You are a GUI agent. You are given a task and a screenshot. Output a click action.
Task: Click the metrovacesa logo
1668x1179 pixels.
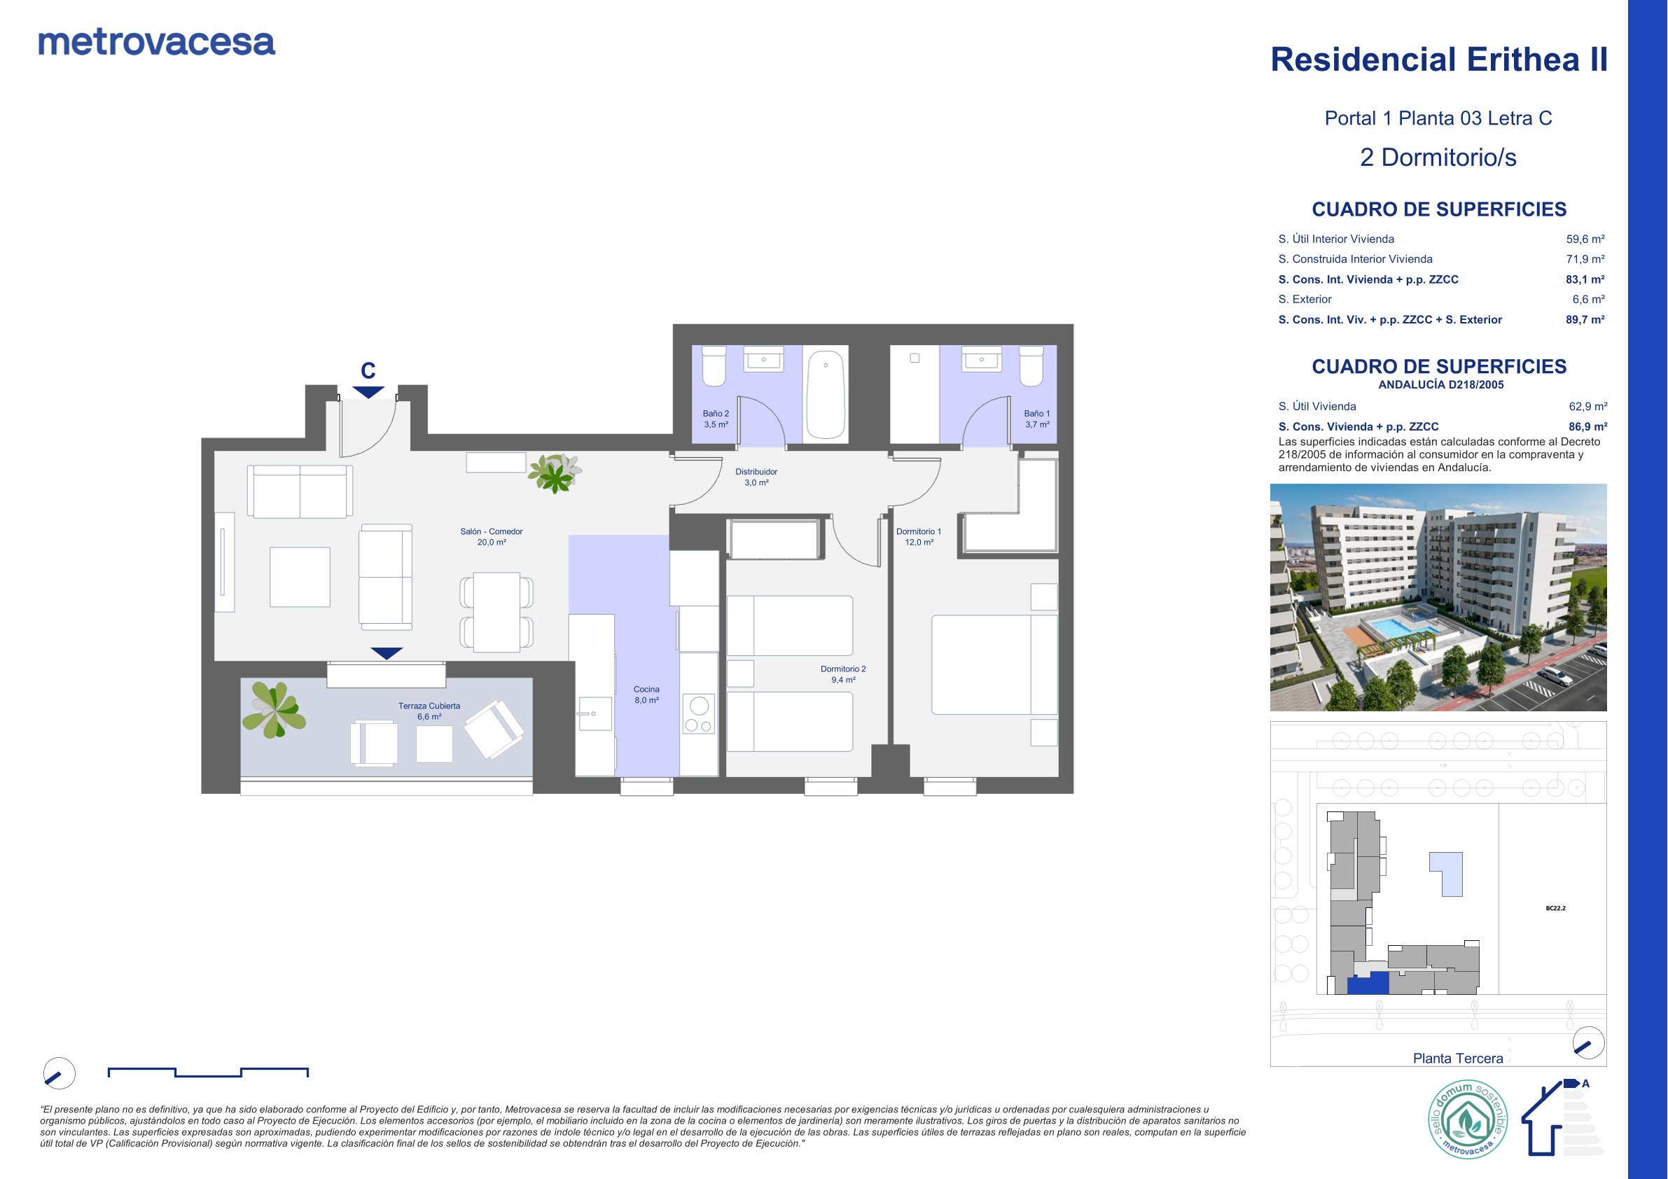157,43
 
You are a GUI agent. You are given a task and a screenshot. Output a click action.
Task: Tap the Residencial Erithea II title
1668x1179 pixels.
1438,60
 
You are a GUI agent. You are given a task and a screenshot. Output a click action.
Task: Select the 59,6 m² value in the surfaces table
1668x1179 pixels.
1585,239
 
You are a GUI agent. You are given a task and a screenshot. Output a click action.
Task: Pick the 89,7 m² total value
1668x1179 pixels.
1585,320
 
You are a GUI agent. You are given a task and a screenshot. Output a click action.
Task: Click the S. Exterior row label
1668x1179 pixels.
1305,299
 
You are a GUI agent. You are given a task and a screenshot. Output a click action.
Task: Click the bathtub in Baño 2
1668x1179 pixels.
826,395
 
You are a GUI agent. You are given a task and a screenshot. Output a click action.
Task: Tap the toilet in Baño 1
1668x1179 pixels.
1031,366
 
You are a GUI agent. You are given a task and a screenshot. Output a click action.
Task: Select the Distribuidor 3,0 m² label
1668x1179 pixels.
756,477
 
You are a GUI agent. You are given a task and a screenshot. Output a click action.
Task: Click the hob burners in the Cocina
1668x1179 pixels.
699,714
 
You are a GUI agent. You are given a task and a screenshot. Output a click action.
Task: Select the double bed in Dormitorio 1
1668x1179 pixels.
994,664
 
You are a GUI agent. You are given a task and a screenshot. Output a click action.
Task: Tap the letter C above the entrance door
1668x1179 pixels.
368,371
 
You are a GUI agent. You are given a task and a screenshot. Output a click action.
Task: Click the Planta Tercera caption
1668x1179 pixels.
1458,1059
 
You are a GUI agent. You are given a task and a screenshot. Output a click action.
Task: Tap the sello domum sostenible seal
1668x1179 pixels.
1468,1119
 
